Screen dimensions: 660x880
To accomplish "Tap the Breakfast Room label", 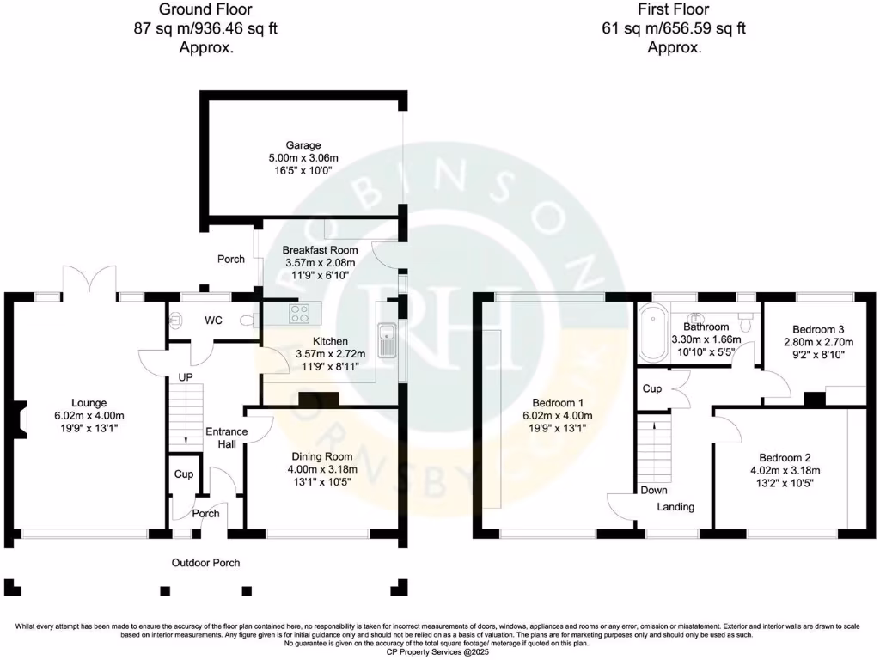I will point(320,249).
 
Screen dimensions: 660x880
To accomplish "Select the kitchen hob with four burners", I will point(300,314).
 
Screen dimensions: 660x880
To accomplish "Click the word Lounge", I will point(89,402).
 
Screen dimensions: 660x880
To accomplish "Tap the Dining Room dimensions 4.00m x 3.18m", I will point(321,469).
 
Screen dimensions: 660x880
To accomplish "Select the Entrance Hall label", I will point(227,437).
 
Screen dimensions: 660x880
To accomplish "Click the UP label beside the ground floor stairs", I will point(186,377).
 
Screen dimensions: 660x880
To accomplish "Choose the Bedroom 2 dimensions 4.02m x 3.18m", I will point(785,470).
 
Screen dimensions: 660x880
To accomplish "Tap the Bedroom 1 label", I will point(558,402).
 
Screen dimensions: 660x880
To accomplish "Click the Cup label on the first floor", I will point(652,388).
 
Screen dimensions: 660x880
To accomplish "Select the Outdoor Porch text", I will point(205,563).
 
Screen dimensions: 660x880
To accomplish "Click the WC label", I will point(213,321).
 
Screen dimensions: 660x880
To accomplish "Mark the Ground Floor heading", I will point(206,10).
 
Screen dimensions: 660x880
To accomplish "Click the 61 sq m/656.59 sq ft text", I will point(674,28).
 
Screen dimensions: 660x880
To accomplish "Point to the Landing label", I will point(675,507).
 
